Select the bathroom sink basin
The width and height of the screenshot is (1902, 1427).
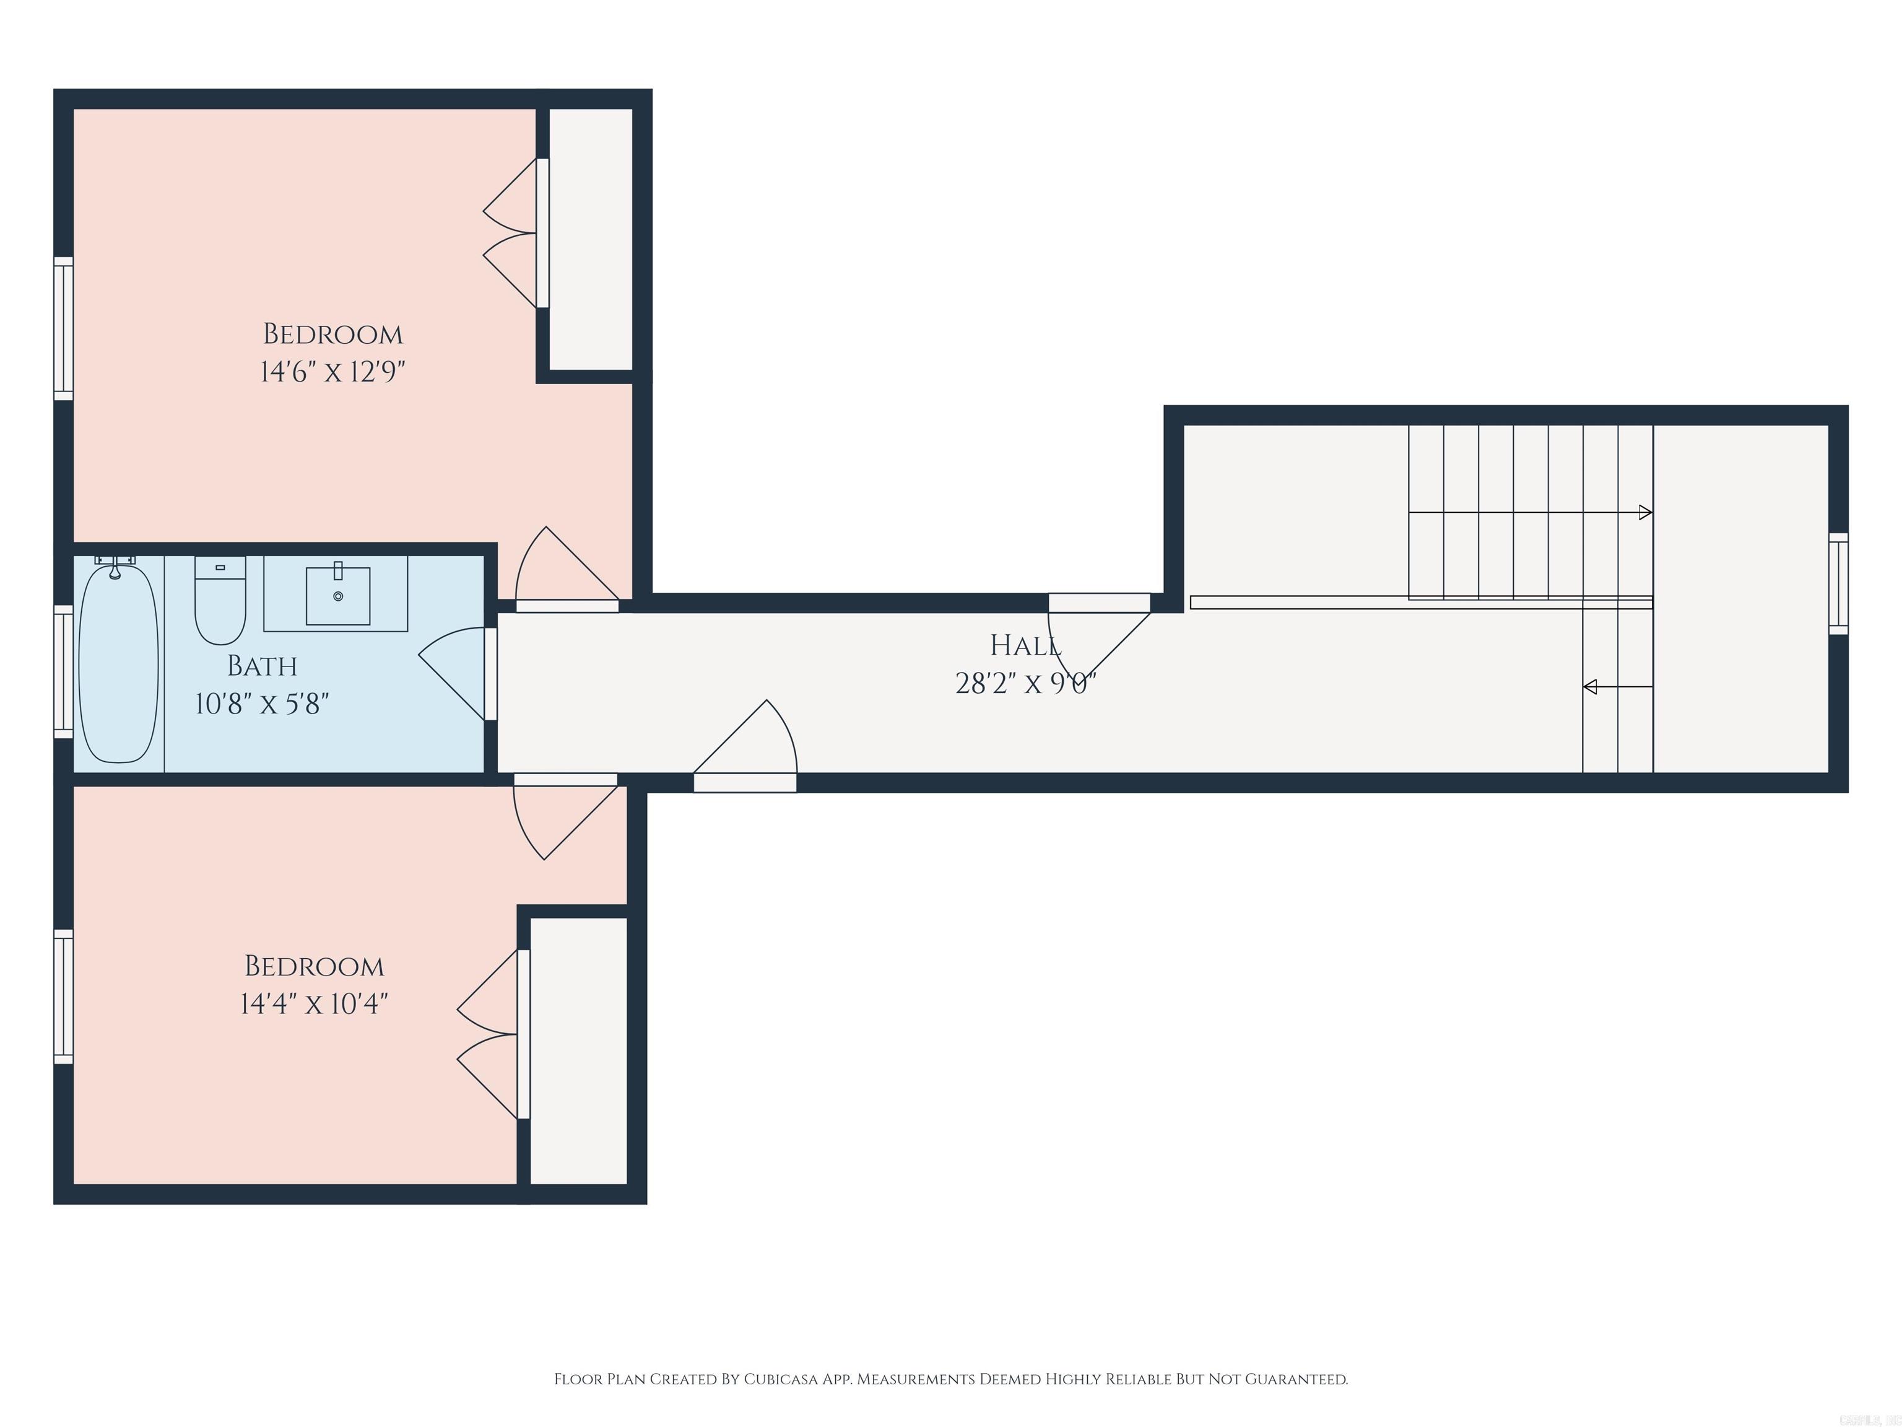pos(338,595)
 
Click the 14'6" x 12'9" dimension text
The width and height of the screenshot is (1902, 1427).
pos(332,372)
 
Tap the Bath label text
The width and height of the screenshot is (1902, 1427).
pos(263,666)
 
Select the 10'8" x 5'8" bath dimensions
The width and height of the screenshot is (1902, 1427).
pos(263,704)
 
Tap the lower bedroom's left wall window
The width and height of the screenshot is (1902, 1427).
pos(64,996)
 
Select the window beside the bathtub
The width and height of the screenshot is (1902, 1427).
pos(64,671)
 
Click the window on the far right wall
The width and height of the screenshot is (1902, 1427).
pos(1838,583)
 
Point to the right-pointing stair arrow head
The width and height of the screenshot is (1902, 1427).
pos(1645,513)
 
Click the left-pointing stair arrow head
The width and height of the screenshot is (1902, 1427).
pos(1591,686)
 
